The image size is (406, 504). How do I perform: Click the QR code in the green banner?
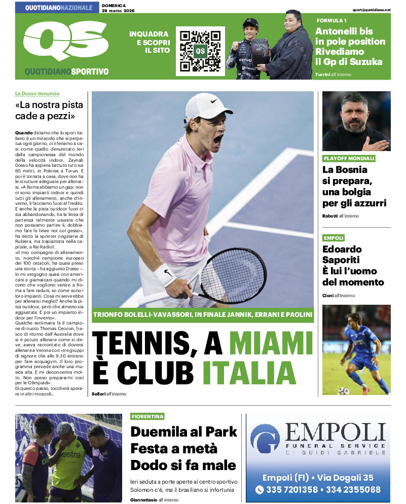coord(200,51)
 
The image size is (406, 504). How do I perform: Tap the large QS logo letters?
coord(65,42)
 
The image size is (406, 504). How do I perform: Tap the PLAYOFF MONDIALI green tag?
coord(349,159)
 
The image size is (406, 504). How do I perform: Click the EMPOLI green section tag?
coord(334,238)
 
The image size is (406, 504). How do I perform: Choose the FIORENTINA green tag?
coord(147,416)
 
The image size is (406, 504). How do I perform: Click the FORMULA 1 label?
coord(331,20)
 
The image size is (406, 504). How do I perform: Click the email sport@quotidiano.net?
coord(372,10)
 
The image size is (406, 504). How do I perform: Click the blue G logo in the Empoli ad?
coord(267,439)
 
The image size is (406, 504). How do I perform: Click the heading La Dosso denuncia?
coord(37,93)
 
